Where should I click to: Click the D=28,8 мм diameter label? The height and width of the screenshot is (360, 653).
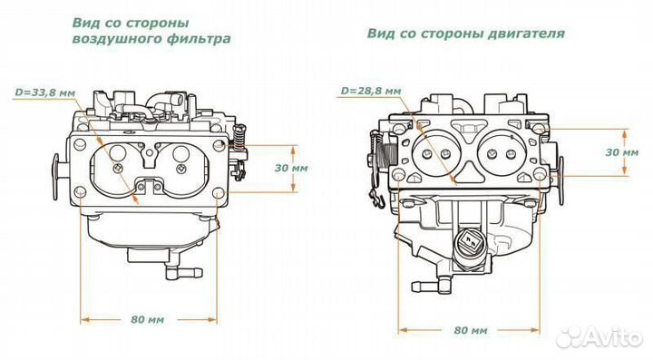pyautogui.click(x=368, y=91)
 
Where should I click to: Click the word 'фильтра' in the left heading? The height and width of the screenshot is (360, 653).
pyautogui.click(x=202, y=40)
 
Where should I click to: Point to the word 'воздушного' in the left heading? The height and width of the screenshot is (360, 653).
pyautogui.click(x=113, y=40)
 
